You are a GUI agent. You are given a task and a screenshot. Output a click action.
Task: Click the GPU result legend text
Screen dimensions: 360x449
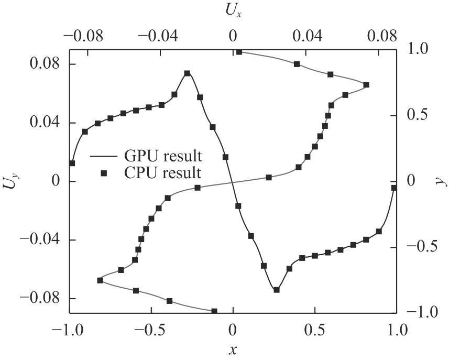tap(163, 156)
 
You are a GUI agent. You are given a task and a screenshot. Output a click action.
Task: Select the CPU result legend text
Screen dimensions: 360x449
tap(163, 172)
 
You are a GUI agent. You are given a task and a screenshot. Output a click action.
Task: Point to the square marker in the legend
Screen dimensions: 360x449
tap(104, 172)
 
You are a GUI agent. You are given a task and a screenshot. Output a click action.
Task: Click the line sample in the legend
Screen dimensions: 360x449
tap(104, 156)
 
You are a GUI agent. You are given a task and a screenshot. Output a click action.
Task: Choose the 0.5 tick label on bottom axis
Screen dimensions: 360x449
tap(314, 332)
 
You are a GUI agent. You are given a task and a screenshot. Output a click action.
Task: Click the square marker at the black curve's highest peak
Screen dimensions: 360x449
tap(188, 74)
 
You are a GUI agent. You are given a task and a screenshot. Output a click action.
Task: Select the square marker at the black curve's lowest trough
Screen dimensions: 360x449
tap(277, 290)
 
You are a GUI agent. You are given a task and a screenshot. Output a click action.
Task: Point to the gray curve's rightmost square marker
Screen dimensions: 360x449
tap(366, 85)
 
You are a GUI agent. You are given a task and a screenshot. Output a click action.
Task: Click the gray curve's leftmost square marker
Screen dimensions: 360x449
tap(100, 280)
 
